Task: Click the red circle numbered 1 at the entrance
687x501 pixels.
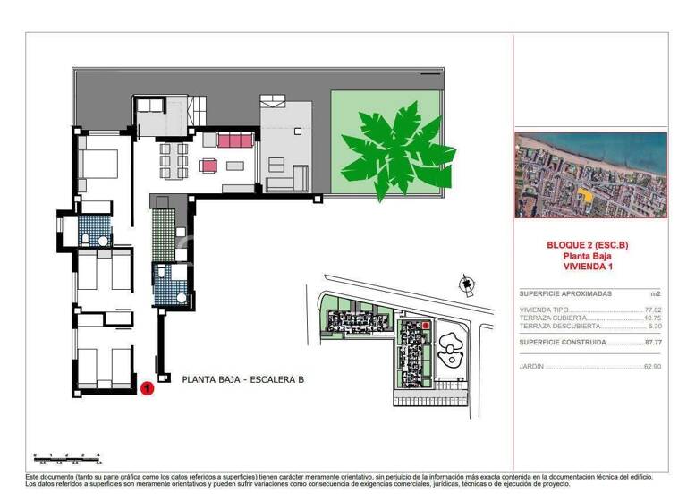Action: coord(146,387)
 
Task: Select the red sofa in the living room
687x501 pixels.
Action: coord(235,140)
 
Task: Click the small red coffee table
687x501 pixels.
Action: coord(209,166)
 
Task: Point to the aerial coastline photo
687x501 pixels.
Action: coord(590,175)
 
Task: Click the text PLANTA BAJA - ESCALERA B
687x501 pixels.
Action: coord(242,379)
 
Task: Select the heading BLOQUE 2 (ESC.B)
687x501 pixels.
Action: coord(590,244)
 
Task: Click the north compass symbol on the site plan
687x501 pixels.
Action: coord(465,285)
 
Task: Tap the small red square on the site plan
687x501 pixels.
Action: coord(425,326)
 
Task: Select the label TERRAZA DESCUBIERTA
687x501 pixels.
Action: coord(555,326)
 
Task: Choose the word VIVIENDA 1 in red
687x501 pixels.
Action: coord(590,266)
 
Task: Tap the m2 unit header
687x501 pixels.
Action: coord(656,293)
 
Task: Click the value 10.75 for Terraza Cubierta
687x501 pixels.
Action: coord(652,318)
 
